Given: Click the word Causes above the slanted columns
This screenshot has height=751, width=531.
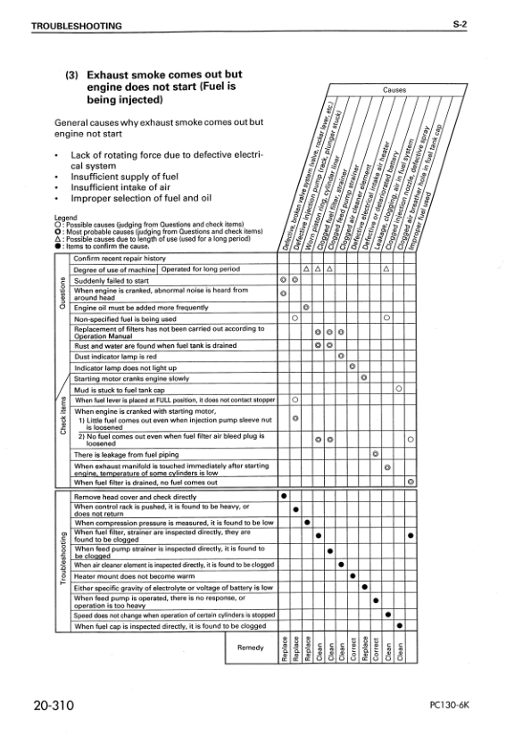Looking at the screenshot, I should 394,90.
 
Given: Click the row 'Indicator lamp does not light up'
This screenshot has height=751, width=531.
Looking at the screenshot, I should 125,367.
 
